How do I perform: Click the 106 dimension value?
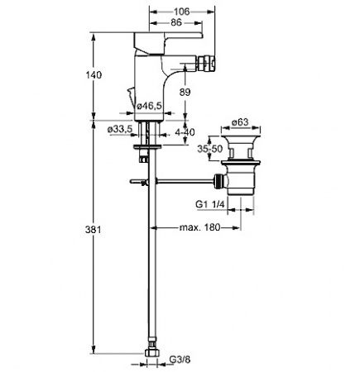pyautogui.click(x=182, y=12)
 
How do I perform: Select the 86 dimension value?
pyautogui.click(x=176, y=22)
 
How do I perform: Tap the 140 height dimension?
pyautogui.click(x=94, y=74)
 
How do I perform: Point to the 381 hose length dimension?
pyautogui.click(x=94, y=230)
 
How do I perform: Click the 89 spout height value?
pyautogui.click(x=185, y=92)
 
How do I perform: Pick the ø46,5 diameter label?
pyautogui.click(x=149, y=106)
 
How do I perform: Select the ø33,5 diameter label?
pyautogui.click(x=121, y=129)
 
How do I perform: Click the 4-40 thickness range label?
pyautogui.click(x=185, y=132)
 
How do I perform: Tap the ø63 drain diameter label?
pyautogui.click(x=240, y=122)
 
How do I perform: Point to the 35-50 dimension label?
pyautogui.click(x=209, y=149)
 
